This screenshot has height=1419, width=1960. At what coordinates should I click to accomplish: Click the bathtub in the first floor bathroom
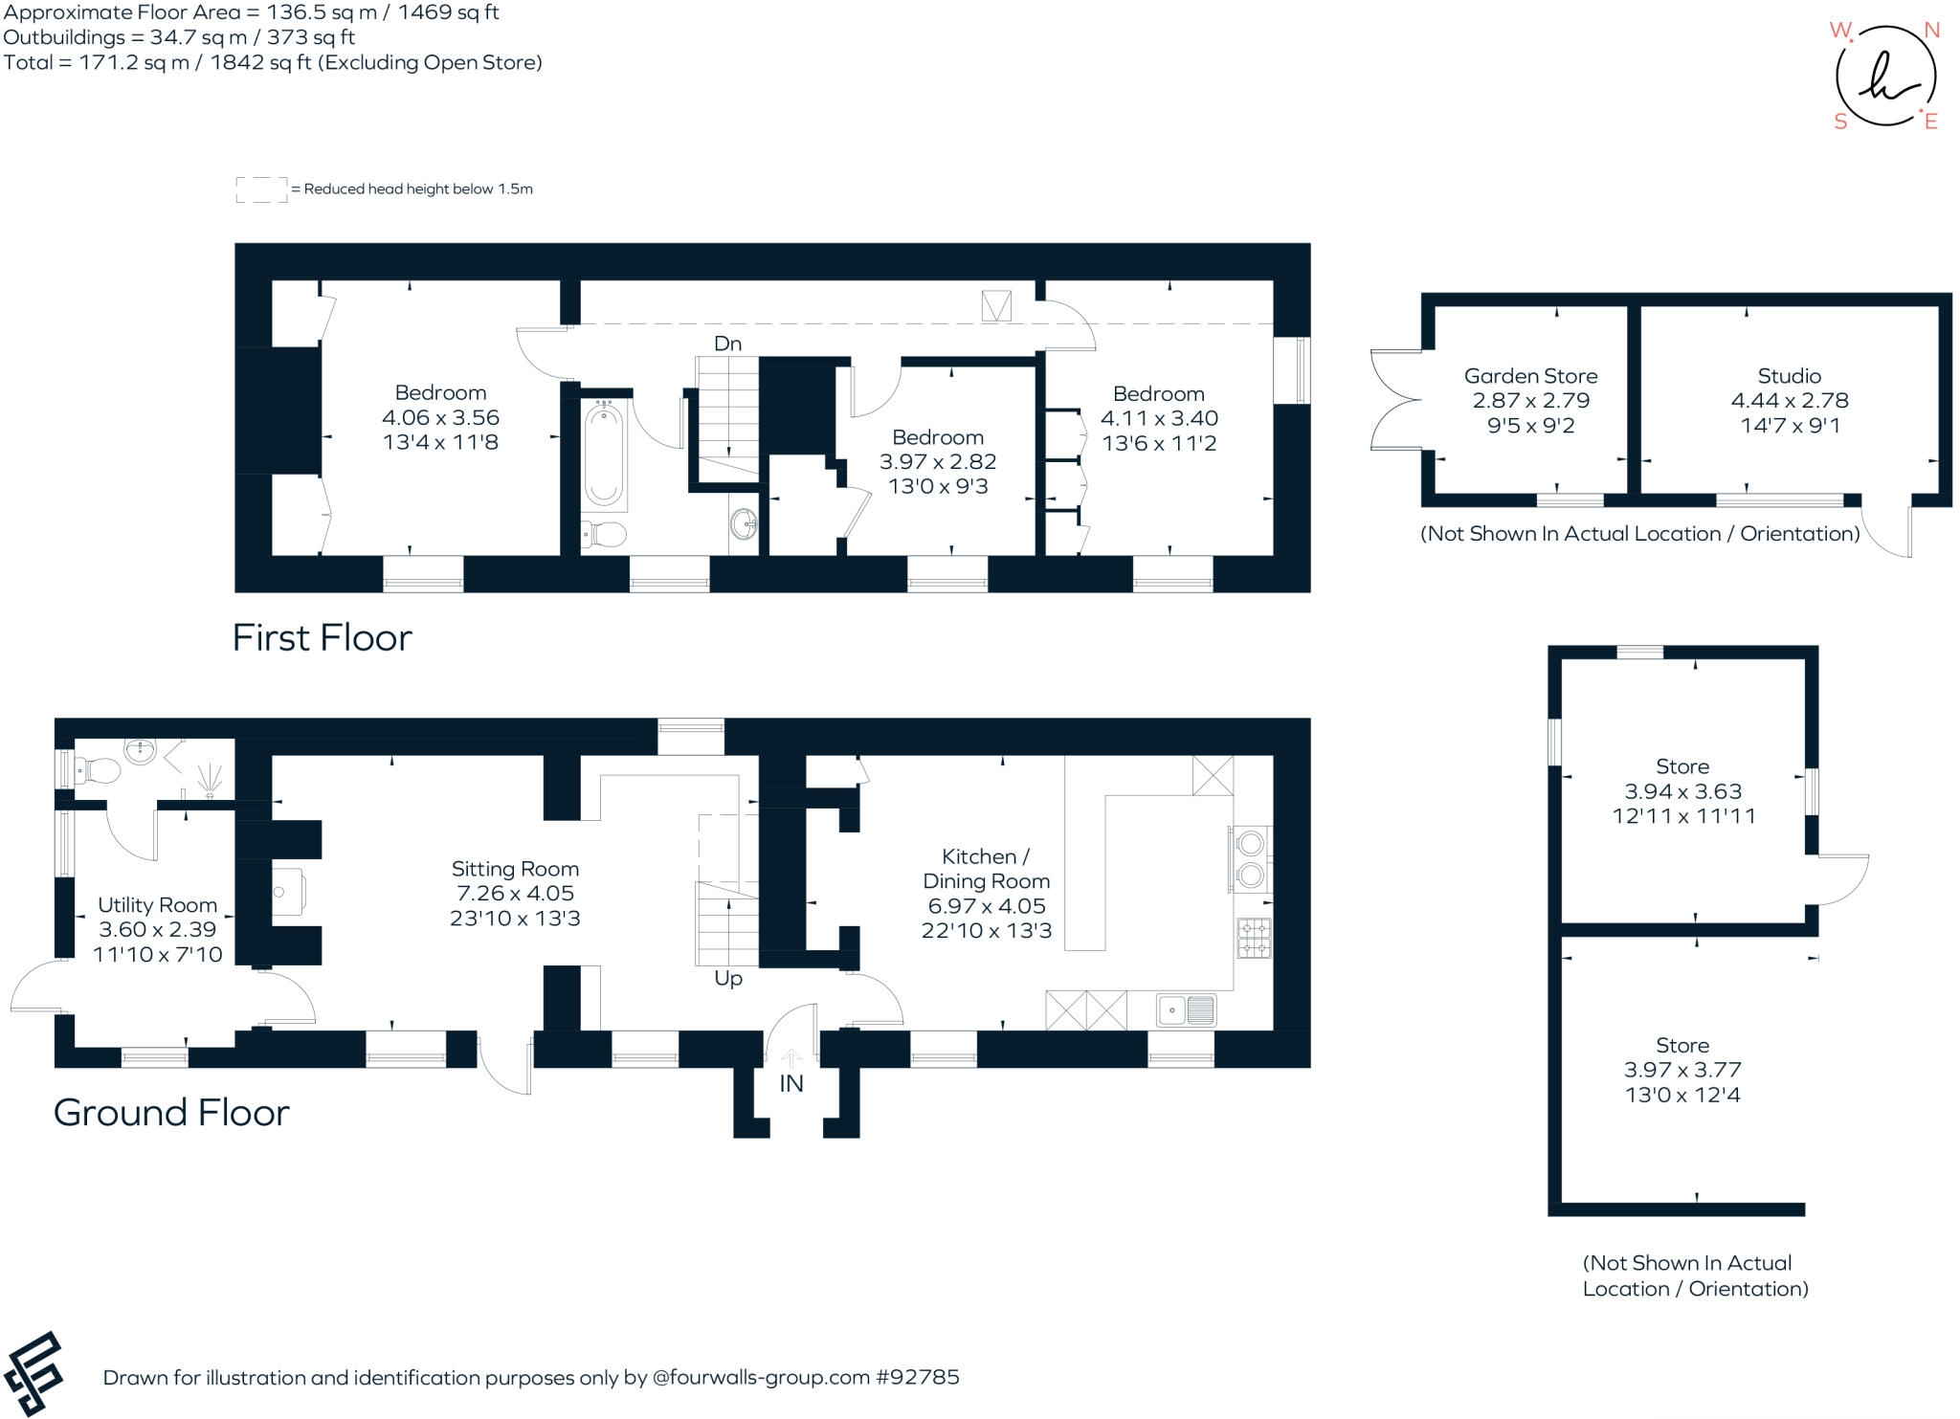604,455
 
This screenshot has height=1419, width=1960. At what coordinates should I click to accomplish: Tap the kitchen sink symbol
1187,1009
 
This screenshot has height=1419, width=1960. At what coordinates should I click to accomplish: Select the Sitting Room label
515,869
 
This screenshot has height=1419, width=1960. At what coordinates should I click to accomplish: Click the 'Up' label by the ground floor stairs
728,979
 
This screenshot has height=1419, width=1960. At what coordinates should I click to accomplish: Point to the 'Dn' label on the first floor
727,344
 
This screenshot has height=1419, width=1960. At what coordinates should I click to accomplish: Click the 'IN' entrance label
791,1083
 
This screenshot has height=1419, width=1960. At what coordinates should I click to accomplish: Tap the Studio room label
1789,376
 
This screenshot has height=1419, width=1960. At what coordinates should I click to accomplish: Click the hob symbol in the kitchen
1254,938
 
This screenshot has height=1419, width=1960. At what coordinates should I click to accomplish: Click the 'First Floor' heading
322,638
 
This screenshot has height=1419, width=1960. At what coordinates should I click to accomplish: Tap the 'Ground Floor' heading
171,1113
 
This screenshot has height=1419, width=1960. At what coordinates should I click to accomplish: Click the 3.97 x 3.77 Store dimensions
1682,1070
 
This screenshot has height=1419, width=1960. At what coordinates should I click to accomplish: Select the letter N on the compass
1931,31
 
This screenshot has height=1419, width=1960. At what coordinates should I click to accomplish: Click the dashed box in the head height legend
261,189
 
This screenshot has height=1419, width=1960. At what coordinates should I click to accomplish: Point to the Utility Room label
157,905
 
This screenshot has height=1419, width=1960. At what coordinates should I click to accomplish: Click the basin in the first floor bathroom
744,523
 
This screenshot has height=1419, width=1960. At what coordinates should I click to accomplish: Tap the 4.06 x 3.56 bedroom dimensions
440,417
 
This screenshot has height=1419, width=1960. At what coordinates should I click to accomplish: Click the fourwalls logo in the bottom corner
33,1373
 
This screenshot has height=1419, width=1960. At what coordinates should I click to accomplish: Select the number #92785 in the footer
917,1378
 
